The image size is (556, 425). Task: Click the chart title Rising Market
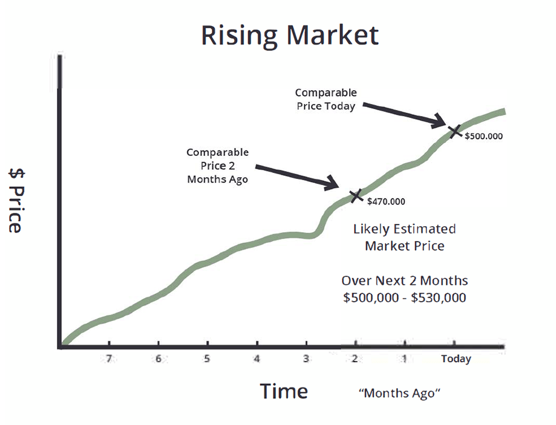(290, 36)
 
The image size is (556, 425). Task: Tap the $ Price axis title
(16, 201)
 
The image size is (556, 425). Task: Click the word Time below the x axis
(284, 391)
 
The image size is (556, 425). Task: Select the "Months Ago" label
(400, 393)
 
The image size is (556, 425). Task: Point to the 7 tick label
(109, 358)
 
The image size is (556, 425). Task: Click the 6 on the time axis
(158, 358)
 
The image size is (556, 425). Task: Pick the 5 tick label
(207, 358)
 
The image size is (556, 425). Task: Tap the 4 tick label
(257, 358)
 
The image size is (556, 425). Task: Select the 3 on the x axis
(306, 358)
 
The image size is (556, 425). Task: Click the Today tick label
(456, 359)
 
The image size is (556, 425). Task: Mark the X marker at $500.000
(454, 131)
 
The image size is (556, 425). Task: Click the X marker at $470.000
(356, 196)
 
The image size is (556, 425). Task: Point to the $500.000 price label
(483, 136)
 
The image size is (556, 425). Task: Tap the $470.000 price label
(386, 202)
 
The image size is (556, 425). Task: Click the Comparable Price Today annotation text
(326, 99)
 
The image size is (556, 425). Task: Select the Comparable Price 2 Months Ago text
(218, 166)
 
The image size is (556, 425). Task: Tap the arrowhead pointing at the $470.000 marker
(333, 183)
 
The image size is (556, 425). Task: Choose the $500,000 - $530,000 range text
(405, 298)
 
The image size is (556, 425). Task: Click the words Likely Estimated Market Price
(405, 238)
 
